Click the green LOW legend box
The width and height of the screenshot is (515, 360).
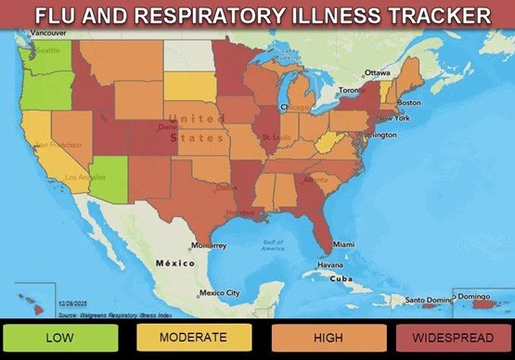(x=60, y=338)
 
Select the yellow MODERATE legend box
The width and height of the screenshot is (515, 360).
(x=193, y=338)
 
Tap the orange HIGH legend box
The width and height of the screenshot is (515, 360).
(x=328, y=338)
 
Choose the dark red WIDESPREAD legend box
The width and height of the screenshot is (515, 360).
(x=454, y=338)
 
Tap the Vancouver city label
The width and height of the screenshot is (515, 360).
(x=48, y=32)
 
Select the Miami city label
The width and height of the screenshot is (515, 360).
(x=343, y=244)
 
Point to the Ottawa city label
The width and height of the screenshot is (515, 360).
(x=377, y=72)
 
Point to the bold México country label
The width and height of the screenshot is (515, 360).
(x=174, y=264)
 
